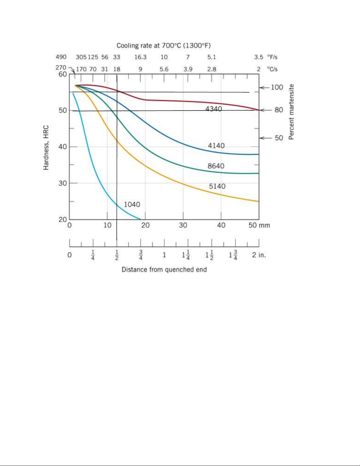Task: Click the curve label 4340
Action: (214, 109)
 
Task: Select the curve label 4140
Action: (216, 146)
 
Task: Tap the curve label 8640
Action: (216, 166)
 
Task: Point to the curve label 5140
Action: (217, 186)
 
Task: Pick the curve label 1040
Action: (132, 204)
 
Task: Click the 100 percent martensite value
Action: (277, 87)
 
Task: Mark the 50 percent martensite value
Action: (279, 138)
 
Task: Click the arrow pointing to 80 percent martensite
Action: (266, 110)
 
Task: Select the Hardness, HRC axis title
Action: (46, 148)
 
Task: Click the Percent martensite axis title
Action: (291, 112)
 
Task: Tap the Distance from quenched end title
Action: (164, 270)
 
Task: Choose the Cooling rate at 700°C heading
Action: (164, 46)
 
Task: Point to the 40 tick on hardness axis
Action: (63, 146)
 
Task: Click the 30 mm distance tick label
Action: (183, 225)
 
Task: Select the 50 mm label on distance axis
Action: (259, 225)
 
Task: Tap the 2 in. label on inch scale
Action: (259, 255)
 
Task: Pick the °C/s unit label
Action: (272, 69)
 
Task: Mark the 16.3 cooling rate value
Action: (140, 57)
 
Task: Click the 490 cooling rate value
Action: (61, 57)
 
